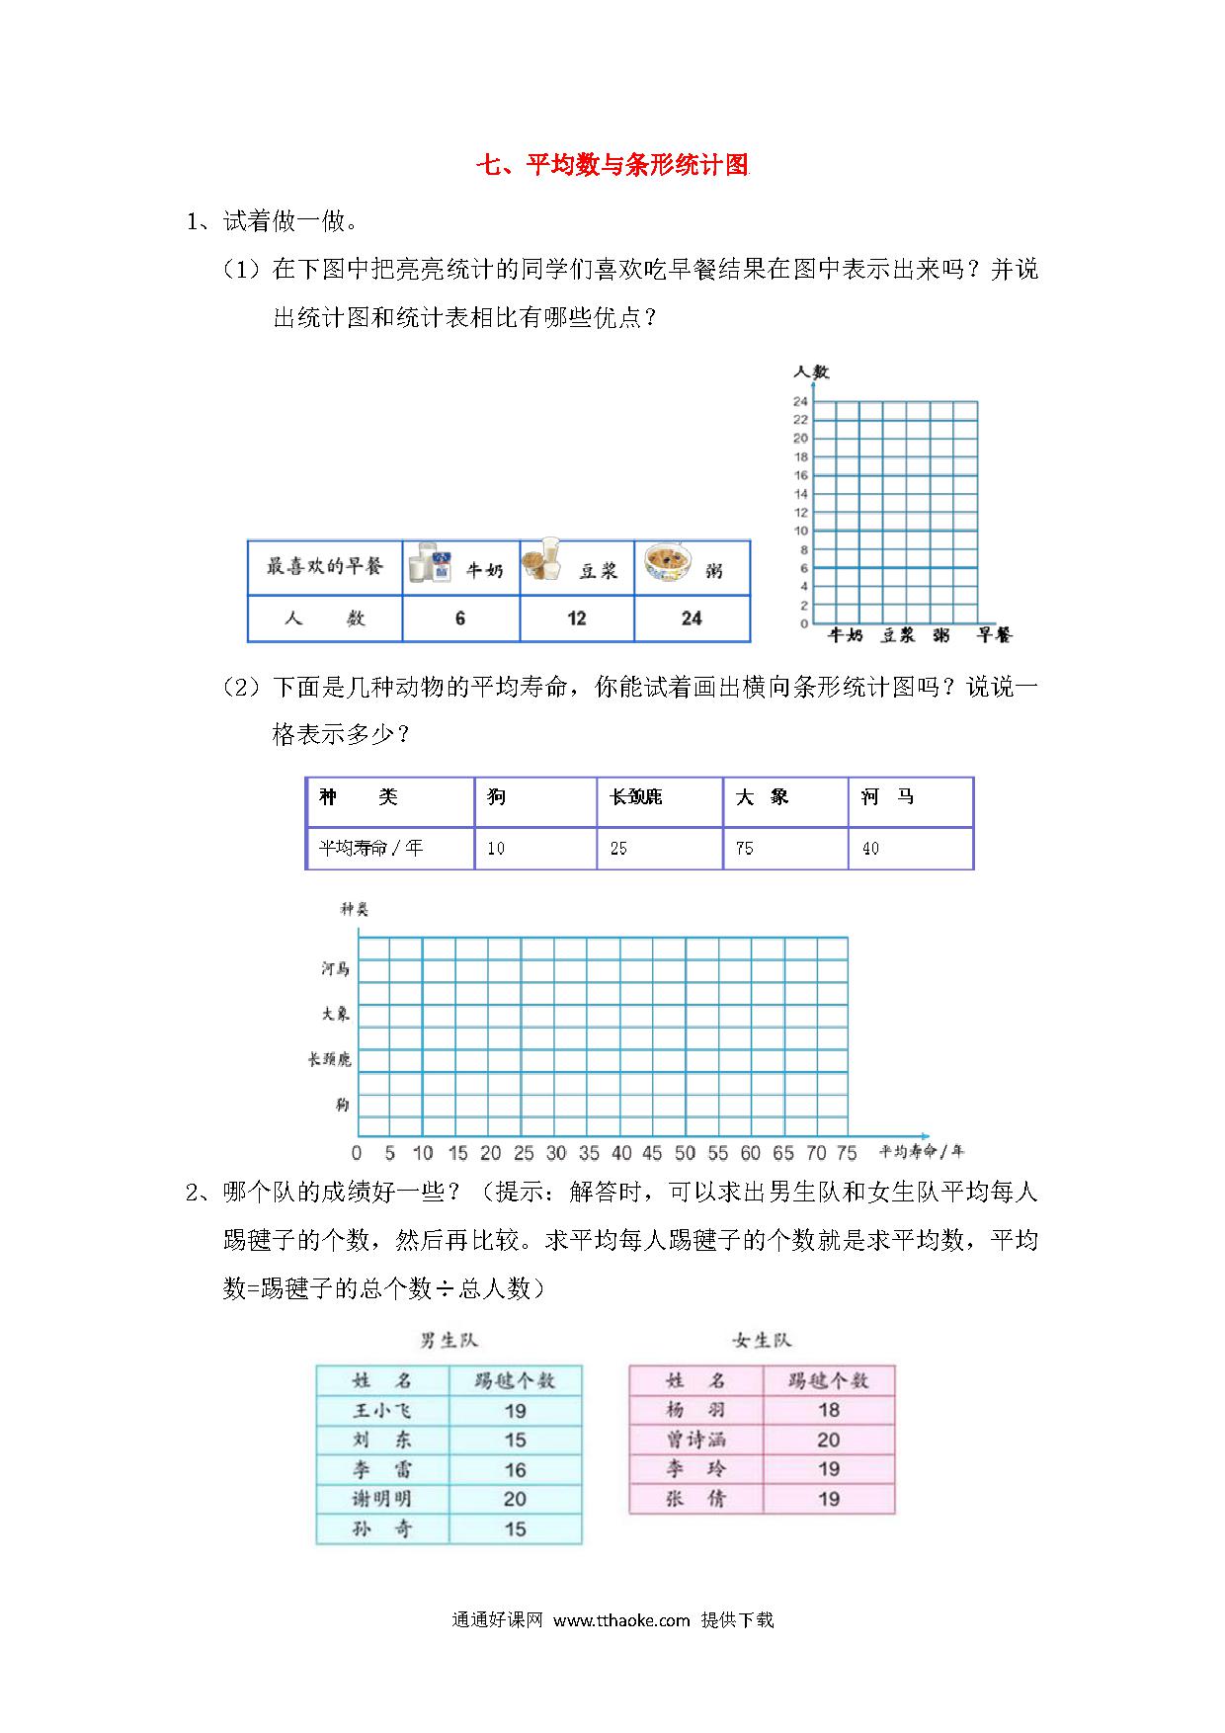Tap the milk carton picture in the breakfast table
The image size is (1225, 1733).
tap(430, 564)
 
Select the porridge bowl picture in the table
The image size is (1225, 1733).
tap(668, 566)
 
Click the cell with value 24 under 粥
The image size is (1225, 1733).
tap(692, 619)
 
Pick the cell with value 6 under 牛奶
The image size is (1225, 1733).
tap(460, 619)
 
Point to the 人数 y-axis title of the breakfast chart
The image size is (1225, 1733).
tap(811, 372)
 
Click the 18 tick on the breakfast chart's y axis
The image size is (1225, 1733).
tap(800, 456)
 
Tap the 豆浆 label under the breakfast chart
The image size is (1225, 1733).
tap(899, 635)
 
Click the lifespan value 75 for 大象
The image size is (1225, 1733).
tap(745, 849)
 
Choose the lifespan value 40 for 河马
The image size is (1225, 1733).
tap(870, 849)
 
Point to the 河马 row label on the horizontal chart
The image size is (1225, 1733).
tap(335, 969)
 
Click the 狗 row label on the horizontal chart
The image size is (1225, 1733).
tap(342, 1105)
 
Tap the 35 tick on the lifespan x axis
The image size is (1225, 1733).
tap(589, 1153)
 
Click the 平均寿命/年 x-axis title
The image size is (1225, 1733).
tap(921, 1151)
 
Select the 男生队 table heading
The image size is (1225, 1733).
tap(449, 1341)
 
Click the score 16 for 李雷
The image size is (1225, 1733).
tap(515, 1470)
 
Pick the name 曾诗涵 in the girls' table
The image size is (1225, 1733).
tap(695, 1440)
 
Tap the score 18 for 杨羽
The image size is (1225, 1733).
tap(828, 1410)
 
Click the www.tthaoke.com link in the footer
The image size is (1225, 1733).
tap(620, 1620)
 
